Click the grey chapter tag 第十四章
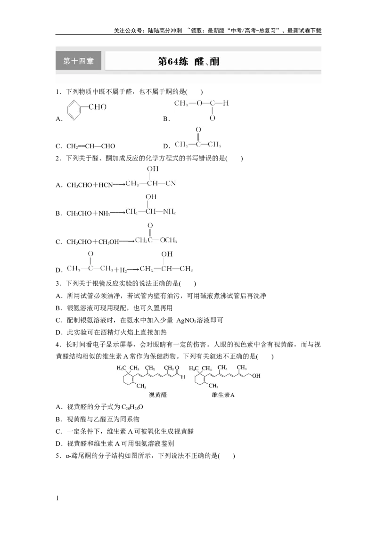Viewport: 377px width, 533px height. tap(78, 61)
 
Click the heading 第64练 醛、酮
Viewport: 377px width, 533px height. tap(189, 62)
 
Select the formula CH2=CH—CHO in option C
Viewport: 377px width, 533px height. tap(91, 146)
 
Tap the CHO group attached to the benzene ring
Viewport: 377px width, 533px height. tap(97, 107)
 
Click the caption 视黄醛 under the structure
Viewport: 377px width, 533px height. tap(158, 395)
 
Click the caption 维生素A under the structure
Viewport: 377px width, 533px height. tap(223, 395)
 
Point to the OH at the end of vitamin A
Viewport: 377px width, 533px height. tap(256, 376)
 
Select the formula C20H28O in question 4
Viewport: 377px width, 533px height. tap(132, 407)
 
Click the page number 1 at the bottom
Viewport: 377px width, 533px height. tap(57, 498)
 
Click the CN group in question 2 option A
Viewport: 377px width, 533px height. tap(171, 183)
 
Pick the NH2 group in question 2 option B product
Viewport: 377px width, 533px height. tap(169, 211)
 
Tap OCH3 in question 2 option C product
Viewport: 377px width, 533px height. tap(168, 240)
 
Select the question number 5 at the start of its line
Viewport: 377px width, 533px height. tap(57, 456)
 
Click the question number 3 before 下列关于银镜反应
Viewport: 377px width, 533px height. tap(57, 283)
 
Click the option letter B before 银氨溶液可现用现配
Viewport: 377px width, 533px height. tap(58, 308)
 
